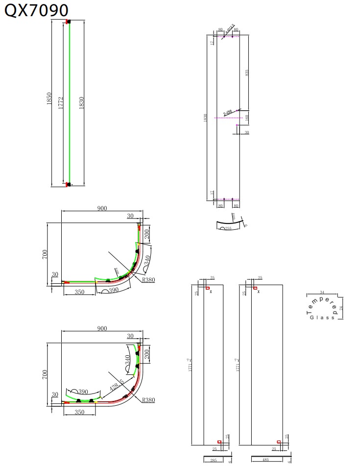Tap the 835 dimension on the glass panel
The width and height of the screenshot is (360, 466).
point(247,73)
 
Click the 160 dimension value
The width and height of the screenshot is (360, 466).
point(247,118)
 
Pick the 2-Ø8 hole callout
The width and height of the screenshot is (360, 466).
point(227,113)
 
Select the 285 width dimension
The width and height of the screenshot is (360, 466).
point(213,460)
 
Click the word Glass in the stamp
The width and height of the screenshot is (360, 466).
point(322,318)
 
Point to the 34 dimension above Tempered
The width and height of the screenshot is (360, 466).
point(322,293)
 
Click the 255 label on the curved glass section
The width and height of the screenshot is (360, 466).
point(228,228)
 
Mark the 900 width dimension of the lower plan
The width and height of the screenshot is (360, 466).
point(102,328)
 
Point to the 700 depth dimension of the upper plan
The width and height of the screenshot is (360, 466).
point(45,254)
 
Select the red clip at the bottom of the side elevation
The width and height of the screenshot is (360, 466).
point(66,185)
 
